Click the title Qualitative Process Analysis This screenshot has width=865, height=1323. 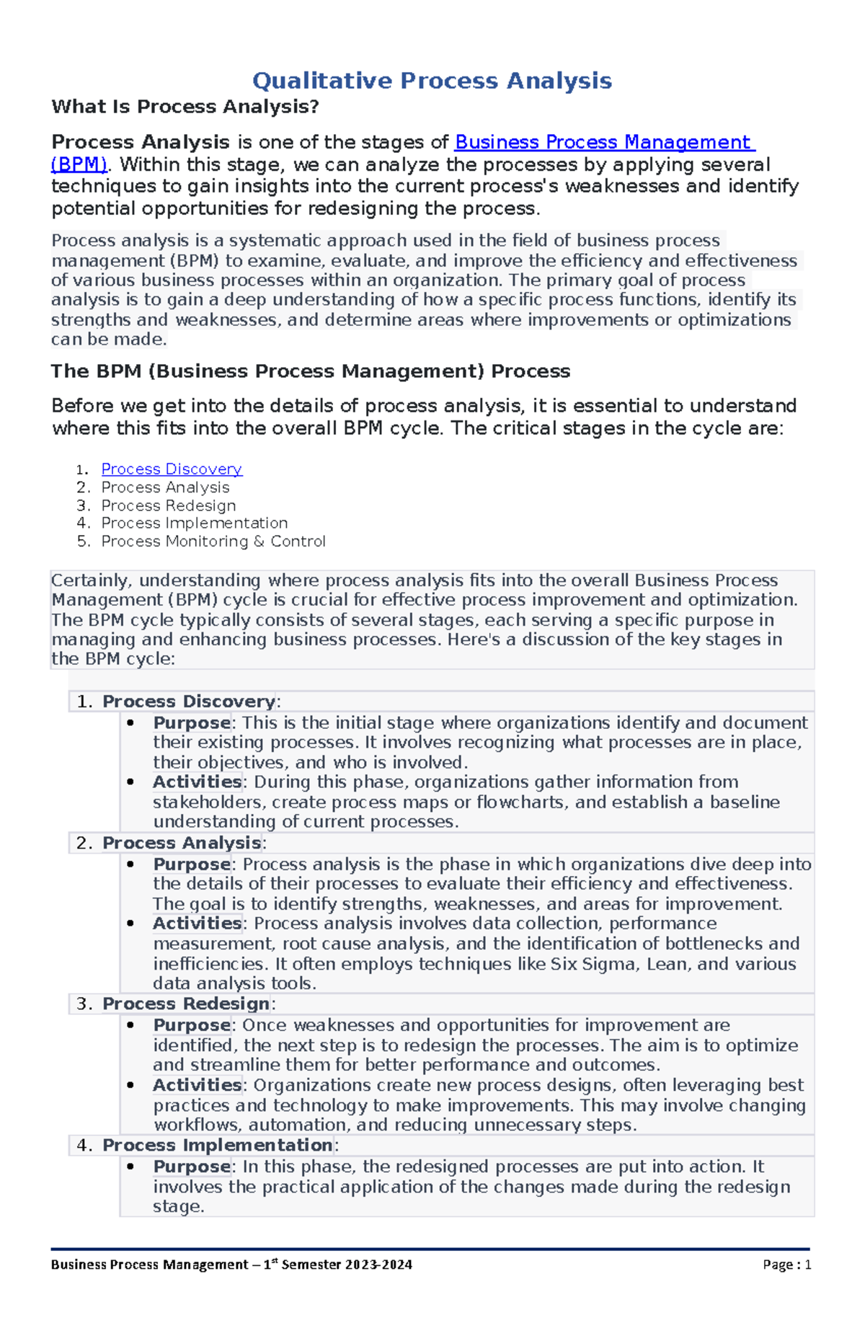tap(432, 80)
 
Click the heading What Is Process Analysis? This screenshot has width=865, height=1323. tap(185, 107)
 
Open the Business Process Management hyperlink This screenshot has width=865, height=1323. tap(604, 142)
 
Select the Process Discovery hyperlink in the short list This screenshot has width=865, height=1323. tap(172, 469)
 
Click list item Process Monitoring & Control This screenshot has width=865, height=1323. tap(213, 541)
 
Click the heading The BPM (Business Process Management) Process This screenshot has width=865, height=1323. tap(310, 371)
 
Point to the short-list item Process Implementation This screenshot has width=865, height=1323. tap(194, 523)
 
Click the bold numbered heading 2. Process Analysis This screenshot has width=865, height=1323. tap(181, 843)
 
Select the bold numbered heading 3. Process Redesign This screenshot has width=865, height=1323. tap(185, 1004)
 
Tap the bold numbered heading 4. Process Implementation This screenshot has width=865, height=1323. tap(217, 1146)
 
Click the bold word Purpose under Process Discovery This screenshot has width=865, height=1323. tap(191, 722)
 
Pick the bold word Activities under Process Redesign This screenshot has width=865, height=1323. tap(197, 1085)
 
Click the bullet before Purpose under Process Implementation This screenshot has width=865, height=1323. tap(130, 1167)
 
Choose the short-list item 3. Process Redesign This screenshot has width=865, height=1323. tap(168, 506)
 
